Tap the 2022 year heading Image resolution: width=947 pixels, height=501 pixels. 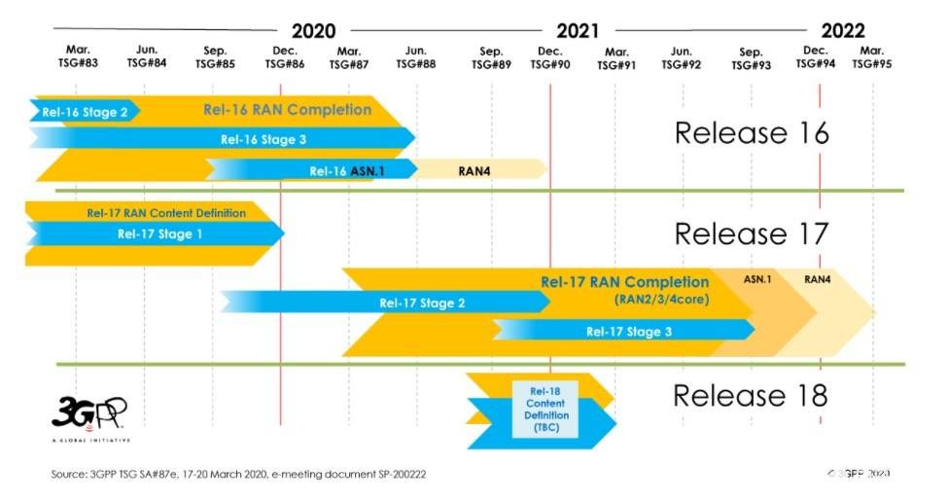(x=842, y=30)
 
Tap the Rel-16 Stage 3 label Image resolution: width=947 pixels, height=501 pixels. (x=263, y=139)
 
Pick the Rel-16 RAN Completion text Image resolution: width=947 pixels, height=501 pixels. (x=287, y=110)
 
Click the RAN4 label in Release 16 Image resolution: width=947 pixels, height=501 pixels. (x=474, y=170)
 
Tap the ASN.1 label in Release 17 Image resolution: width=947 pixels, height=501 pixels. (x=757, y=280)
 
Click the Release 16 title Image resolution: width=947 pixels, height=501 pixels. (x=752, y=133)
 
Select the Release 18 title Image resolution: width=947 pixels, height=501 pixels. (x=750, y=396)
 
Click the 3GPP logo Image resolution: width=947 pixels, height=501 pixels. (x=88, y=414)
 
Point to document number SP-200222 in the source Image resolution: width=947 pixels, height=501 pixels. (x=396, y=474)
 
